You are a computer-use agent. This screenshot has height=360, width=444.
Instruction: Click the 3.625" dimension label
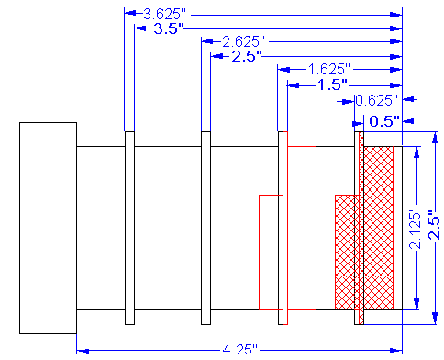164,15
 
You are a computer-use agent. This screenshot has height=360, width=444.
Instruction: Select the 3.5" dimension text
169,28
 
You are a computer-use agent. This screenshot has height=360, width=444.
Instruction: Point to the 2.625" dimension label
243,42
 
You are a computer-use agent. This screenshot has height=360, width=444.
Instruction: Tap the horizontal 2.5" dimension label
247,57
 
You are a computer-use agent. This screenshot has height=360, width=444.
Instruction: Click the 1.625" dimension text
328,70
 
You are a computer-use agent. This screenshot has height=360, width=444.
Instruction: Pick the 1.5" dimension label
333,84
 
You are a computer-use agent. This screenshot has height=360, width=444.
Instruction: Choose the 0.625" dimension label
377,100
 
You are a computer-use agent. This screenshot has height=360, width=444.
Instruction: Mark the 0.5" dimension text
384,121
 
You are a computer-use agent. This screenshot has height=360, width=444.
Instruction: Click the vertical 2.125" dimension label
416,228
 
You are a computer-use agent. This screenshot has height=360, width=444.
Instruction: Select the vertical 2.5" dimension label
434,225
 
